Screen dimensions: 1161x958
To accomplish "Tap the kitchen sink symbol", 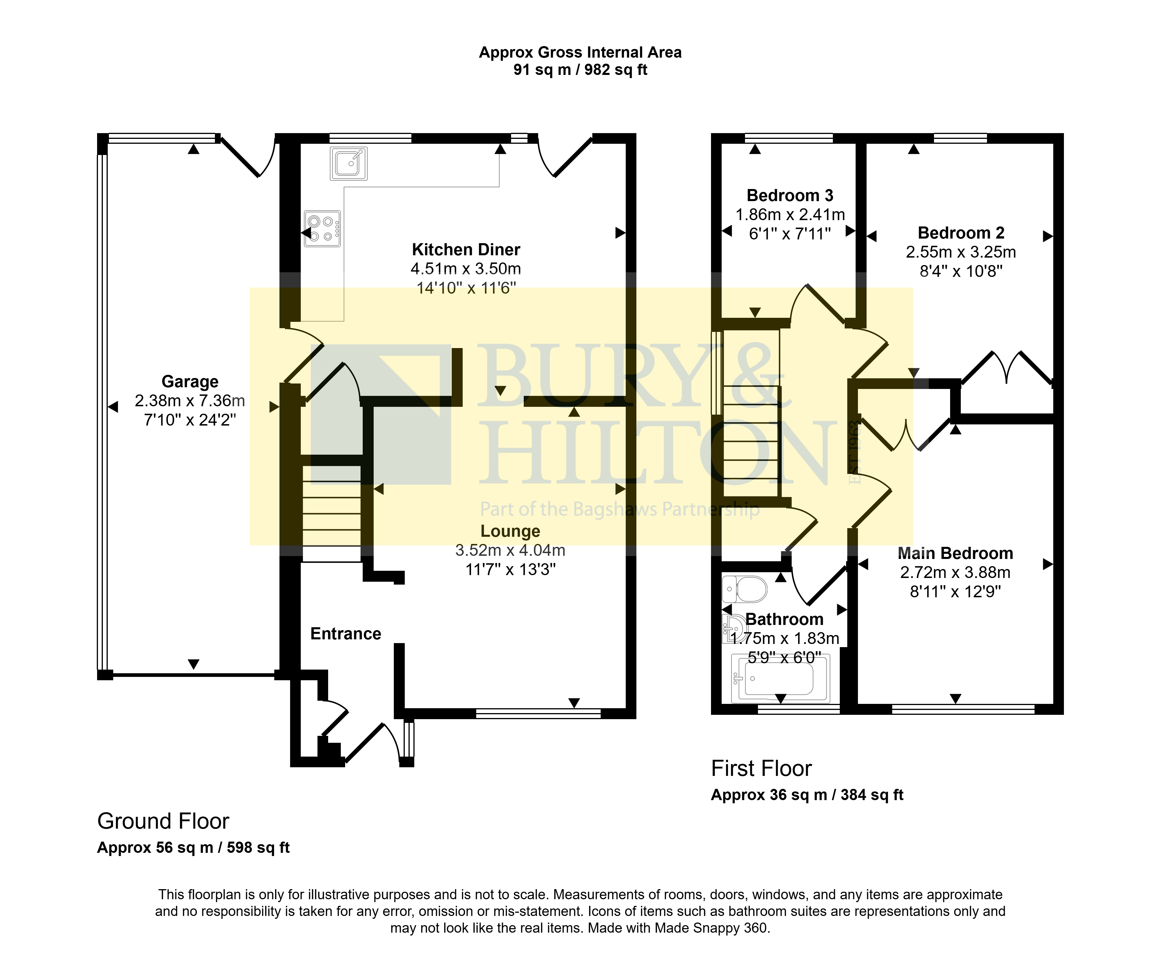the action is click(x=349, y=163).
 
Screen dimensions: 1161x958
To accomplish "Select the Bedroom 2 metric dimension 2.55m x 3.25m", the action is click(x=961, y=252).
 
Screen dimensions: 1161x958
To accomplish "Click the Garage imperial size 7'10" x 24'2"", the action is click(x=190, y=420).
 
